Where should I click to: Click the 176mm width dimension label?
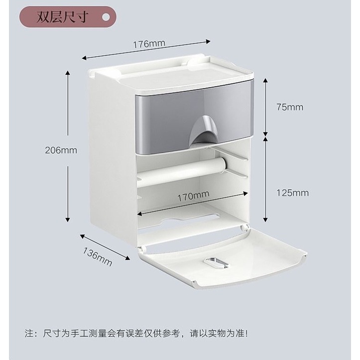click(x=149, y=43)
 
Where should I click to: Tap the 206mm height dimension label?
click(x=62, y=150)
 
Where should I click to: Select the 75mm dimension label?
click(x=289, y=107)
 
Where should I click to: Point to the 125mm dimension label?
click(x=291, y=193)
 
